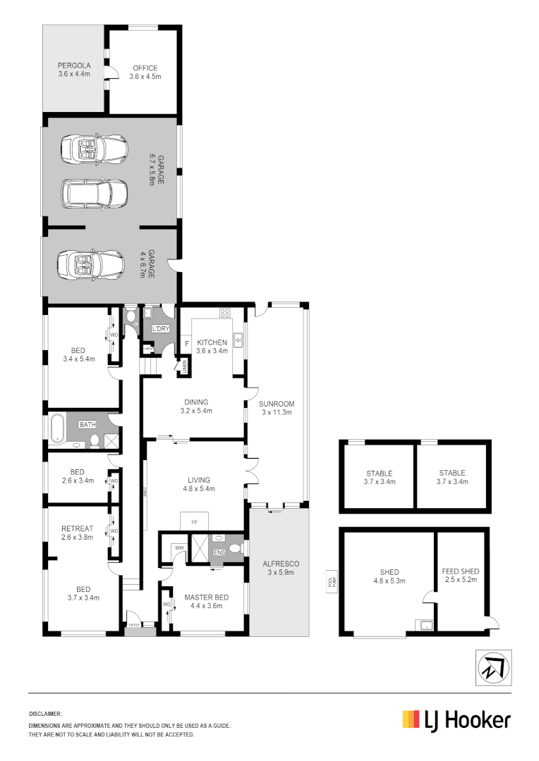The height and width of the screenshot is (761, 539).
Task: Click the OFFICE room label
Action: (145, 68)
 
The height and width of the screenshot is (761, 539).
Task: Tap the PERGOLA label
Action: (73, 68)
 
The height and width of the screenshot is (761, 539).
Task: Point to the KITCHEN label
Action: (212, 342)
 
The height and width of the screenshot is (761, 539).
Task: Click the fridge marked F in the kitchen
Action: (186, 343)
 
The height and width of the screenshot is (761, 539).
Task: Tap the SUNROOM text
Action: (277, 404)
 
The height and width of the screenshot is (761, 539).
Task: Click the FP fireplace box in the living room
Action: (194, 522)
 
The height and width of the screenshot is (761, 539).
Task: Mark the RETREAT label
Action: (77, 528)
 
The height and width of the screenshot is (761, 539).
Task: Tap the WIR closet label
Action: (178, 546)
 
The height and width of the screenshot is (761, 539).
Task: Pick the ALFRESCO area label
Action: (281, 564)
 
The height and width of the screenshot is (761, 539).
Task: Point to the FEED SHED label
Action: (460, 571)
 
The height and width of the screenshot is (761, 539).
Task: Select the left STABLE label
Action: (379, 474)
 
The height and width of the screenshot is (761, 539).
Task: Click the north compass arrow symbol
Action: (492, 667)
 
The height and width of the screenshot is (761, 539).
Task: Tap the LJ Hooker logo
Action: (456, 720)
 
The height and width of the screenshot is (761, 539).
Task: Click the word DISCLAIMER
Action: (45, 714)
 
